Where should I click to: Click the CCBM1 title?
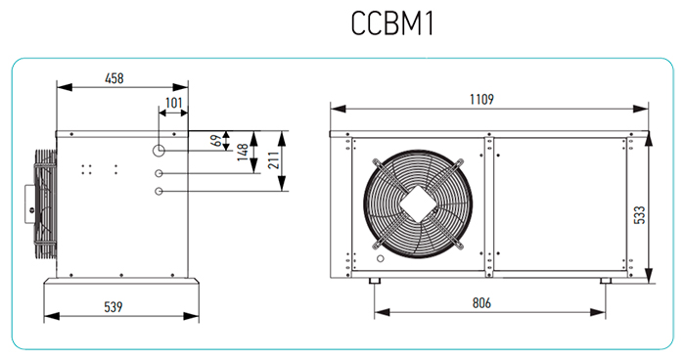[392, 23]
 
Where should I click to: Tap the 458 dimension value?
[114, 78]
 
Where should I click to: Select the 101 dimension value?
[173, 103]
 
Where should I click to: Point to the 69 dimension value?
[216, 141]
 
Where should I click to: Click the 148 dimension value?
[243, 152]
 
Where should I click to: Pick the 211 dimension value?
[273, 160]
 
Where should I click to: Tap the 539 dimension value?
[114, 307]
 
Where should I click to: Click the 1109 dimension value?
[481, 99]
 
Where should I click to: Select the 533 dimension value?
[639, 215]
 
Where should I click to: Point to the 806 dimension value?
[481, 302]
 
